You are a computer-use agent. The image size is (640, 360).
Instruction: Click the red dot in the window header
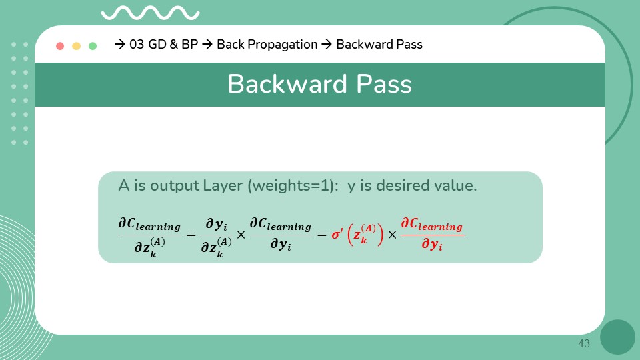tap(60, 46)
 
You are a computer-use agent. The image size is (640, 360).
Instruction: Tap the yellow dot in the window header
tap(76, 46)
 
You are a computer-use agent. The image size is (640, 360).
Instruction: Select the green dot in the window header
tap(93, 46)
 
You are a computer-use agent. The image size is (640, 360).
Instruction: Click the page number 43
tap(584, 343)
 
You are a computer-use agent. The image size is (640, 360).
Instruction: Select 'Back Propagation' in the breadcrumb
tap(267, 45)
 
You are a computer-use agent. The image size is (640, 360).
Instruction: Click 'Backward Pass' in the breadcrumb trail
tap(379, 45)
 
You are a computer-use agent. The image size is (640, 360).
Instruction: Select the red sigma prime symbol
tap(337, 235)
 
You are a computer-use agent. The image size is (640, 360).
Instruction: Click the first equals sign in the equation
tap(191, 235)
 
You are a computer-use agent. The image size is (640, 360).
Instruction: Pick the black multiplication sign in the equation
tap(241, 235)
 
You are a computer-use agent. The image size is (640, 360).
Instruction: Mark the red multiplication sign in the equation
tap(392, 235)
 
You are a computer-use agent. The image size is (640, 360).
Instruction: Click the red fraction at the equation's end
tap(432, 235)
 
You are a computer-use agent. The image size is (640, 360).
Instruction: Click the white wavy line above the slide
tap(151, 13)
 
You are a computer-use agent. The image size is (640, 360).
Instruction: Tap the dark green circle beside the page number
tap(617, 337)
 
